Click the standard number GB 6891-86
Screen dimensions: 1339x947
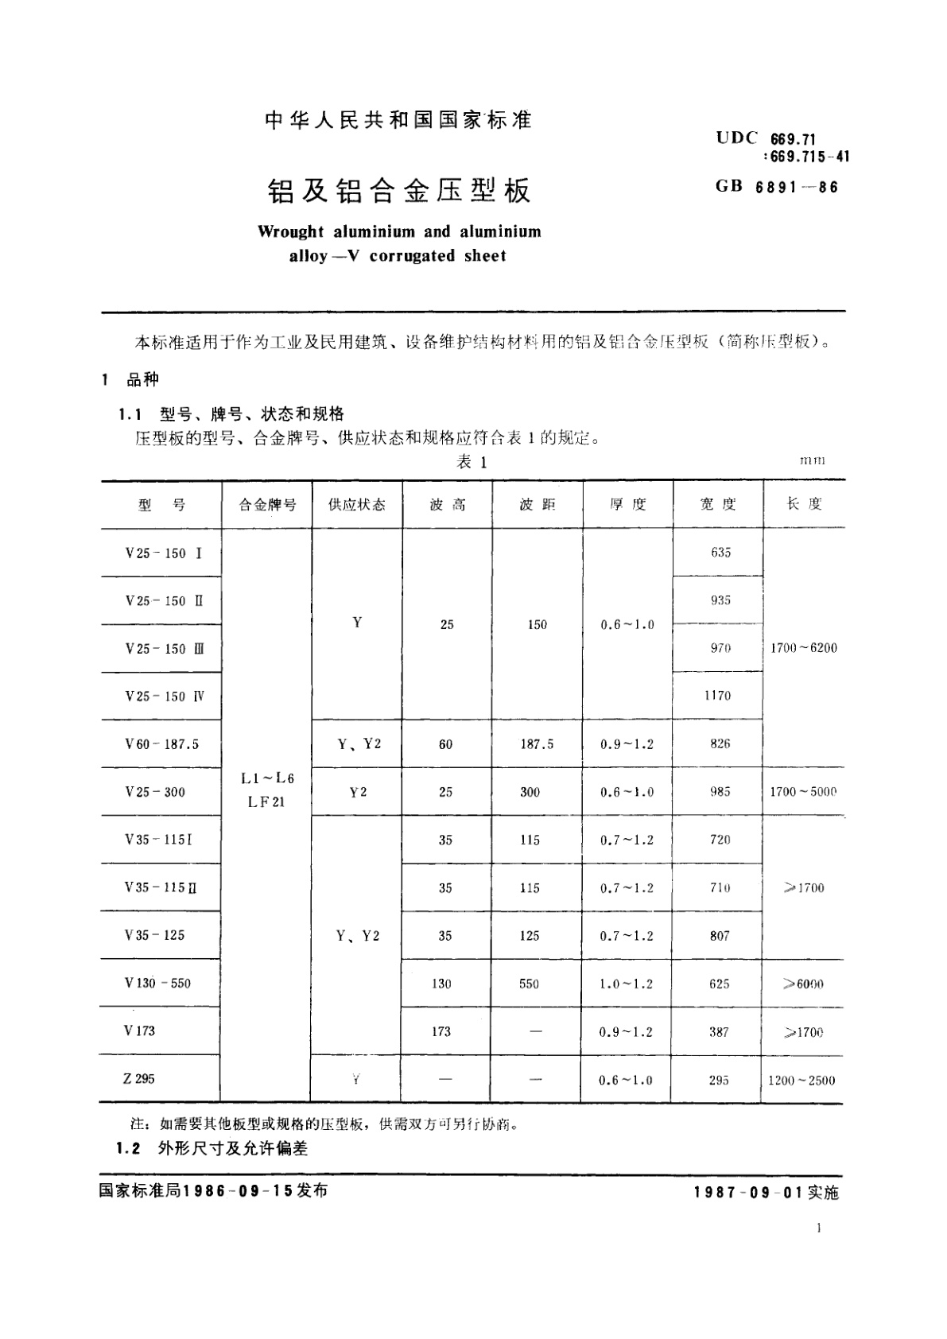[777, 187]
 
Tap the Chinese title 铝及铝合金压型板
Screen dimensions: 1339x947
[398, 191]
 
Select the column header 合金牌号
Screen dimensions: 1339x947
[267, 505]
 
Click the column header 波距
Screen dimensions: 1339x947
[538, 505]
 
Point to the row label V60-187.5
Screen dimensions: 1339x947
[161, 744]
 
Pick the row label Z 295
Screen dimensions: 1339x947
[139, 1079]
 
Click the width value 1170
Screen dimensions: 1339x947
[718, 696]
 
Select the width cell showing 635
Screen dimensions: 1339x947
[720, 553]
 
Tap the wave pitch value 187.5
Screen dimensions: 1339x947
[537, 744]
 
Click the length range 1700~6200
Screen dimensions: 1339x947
[804, 648]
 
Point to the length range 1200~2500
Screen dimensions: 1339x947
[801, 1081]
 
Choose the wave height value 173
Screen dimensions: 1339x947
[441, 1032]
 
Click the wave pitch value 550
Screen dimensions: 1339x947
[529, 984]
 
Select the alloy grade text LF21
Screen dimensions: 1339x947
[266, 802]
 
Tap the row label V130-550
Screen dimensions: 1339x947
[157, 984]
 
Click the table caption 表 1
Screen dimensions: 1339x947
[472, 463]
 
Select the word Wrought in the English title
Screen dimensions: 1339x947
[291, 232]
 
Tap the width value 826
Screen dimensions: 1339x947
[720, 744]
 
